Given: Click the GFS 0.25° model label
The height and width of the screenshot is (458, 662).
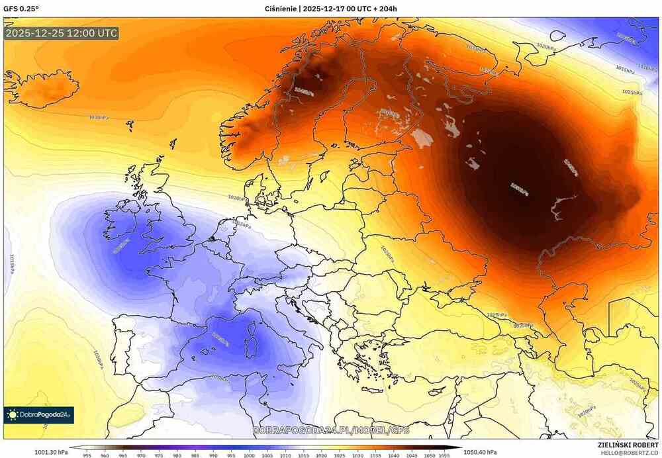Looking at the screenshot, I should point(21,8).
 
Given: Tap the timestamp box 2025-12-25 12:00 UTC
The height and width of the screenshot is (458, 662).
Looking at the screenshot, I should point(62,32).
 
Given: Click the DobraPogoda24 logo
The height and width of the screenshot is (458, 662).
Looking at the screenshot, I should point(39,415).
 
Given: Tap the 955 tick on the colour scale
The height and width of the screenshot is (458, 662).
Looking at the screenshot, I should point(87,455).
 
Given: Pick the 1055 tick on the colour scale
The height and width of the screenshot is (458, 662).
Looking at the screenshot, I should point(446,455).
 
